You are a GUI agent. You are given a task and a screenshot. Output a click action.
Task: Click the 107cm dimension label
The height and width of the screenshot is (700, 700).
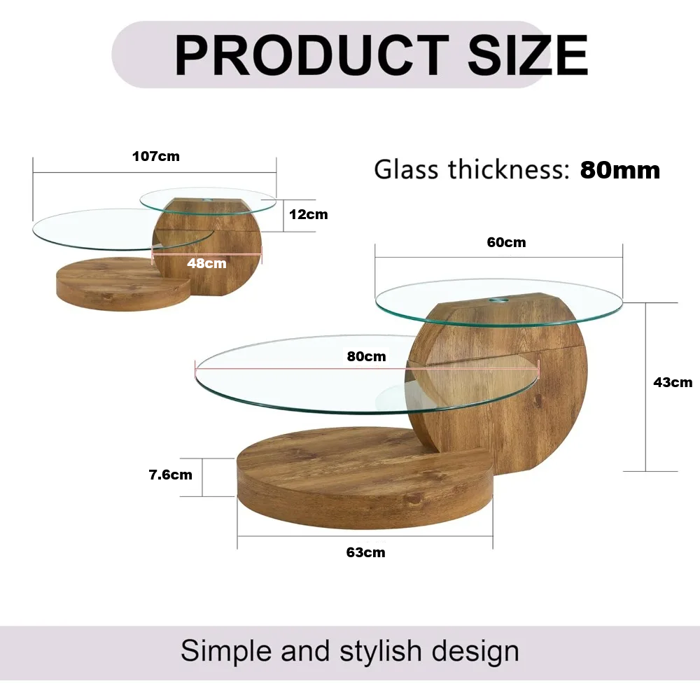155,156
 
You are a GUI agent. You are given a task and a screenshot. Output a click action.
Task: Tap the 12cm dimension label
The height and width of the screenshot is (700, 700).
308,214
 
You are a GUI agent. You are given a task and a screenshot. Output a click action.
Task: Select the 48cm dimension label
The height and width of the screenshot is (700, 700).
206,264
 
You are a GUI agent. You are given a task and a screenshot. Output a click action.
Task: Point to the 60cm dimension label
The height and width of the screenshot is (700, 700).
506,243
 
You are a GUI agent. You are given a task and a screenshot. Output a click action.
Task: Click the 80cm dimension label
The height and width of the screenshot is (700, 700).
366,356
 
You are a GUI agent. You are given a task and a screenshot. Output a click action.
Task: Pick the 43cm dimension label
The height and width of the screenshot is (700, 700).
672,382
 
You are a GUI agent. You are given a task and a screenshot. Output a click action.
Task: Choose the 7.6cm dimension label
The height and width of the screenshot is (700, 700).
170,475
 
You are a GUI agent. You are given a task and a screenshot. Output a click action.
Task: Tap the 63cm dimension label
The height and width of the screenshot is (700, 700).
365,552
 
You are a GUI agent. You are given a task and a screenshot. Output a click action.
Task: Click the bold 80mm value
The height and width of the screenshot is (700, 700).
619,170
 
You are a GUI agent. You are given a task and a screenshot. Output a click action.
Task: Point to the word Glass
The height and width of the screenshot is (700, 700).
406,170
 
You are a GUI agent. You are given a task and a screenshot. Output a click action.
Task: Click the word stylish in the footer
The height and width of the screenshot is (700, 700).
381,651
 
